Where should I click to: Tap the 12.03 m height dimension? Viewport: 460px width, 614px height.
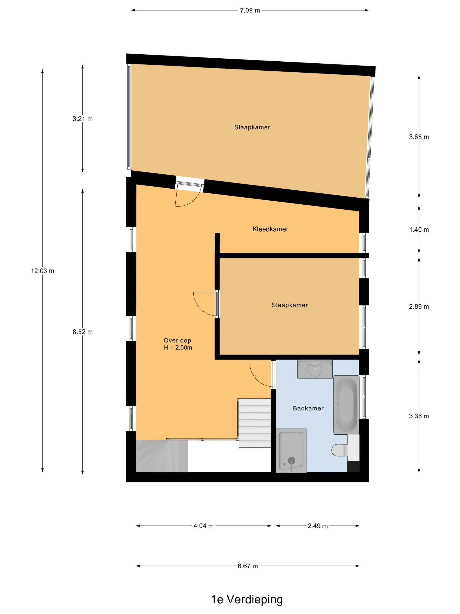(42, 271)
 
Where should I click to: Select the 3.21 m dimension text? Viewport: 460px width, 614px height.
(83, 119)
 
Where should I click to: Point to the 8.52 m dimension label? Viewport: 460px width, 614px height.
(83, 332)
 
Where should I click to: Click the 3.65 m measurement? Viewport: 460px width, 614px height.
(419, 137)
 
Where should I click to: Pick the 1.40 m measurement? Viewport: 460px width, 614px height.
(419, 230)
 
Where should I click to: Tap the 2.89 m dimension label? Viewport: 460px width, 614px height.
(419, 307)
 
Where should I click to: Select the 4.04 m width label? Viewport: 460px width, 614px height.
(203, 526)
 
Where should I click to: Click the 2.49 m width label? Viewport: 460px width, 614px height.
(317, 526)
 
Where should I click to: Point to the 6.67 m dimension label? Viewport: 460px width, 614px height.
(248, 566)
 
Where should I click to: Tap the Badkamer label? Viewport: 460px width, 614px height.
(308, 409)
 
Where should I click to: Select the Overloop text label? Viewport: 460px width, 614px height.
(177, 341)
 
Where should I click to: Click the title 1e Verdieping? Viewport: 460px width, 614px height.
(247, 600)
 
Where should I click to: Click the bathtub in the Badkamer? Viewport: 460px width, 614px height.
(346, 405)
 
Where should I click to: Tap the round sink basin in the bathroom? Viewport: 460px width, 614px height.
(315, 369)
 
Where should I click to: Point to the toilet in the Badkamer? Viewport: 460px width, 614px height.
(340, 450)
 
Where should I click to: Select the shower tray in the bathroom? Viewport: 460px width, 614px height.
(291, 451)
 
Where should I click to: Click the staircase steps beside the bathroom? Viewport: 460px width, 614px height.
(255, 423)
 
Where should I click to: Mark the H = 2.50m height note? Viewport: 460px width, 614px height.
(178, 348)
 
